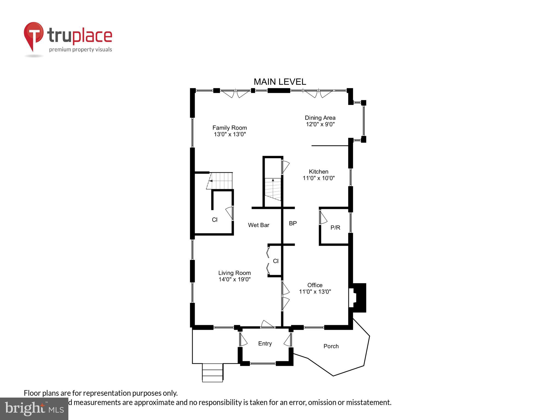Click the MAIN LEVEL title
(x=280, y=82)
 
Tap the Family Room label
(x=229, y=128)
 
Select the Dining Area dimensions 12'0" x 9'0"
(x=320, y=124)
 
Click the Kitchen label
(x=318, y=172)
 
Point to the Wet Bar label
(x=258, y=225)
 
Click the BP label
(x=293, y=223)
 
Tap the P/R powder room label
(x=335, y=227)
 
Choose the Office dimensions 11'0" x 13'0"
(x=315, y=292)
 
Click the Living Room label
(x=234, y=273)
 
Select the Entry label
(x=265, y=344)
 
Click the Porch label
(x=331, y=346)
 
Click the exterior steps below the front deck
(x=212, y=373)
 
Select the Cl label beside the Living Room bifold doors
(x=276, y=261)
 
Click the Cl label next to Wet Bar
(x=215, y=220)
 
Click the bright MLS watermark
(x=34, y=409)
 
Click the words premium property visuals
(x=80, y=49)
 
